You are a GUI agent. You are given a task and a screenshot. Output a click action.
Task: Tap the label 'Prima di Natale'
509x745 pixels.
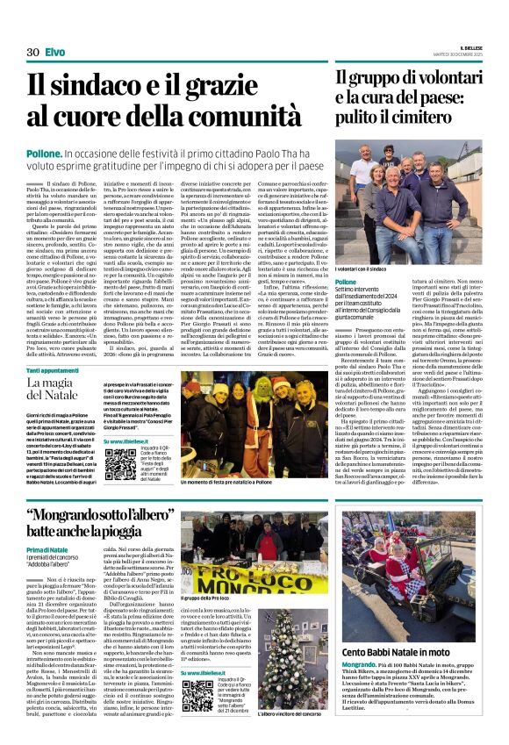(x=47, y=549)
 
